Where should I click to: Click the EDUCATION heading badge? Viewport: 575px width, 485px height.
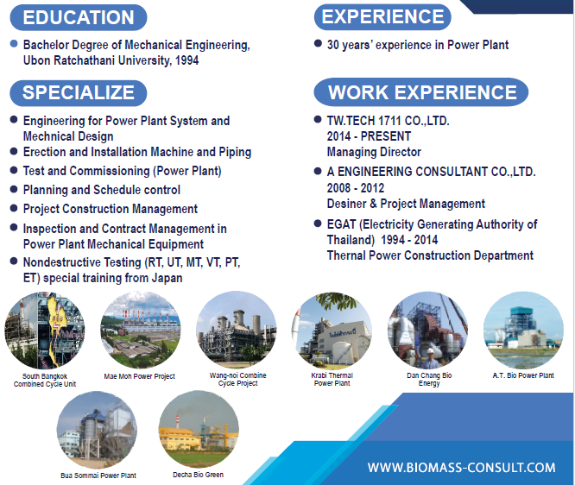point(78,17)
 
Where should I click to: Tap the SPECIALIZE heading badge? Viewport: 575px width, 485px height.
point(78,92)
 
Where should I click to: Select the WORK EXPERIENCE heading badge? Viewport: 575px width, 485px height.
point(421,92)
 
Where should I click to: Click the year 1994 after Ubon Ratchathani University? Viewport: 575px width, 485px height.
point(187,60)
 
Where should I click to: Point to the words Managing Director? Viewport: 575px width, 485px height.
point(374,152)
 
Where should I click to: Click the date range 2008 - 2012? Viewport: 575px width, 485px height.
point(356,188)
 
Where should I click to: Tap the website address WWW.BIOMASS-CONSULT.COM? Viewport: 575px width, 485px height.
point(461,468)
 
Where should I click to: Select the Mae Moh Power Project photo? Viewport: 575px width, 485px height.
point(141,330)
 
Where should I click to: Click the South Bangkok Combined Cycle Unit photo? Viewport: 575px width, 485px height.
point(45,331)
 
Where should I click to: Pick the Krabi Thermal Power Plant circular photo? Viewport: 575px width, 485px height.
point(332,330)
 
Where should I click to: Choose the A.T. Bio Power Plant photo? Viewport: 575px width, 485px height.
point(523,330)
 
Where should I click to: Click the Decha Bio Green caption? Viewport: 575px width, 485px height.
point(198,475)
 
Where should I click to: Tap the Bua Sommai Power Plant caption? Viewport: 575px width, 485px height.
point(98,476)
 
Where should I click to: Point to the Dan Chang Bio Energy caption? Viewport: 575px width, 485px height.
point(429,380)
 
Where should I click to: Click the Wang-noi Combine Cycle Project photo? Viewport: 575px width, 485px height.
point(237,329)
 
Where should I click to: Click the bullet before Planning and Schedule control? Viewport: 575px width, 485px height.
point(14,189)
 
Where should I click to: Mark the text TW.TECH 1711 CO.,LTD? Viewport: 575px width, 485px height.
point(388,121)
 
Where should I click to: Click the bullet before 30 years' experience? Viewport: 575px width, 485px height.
point(318,44)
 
